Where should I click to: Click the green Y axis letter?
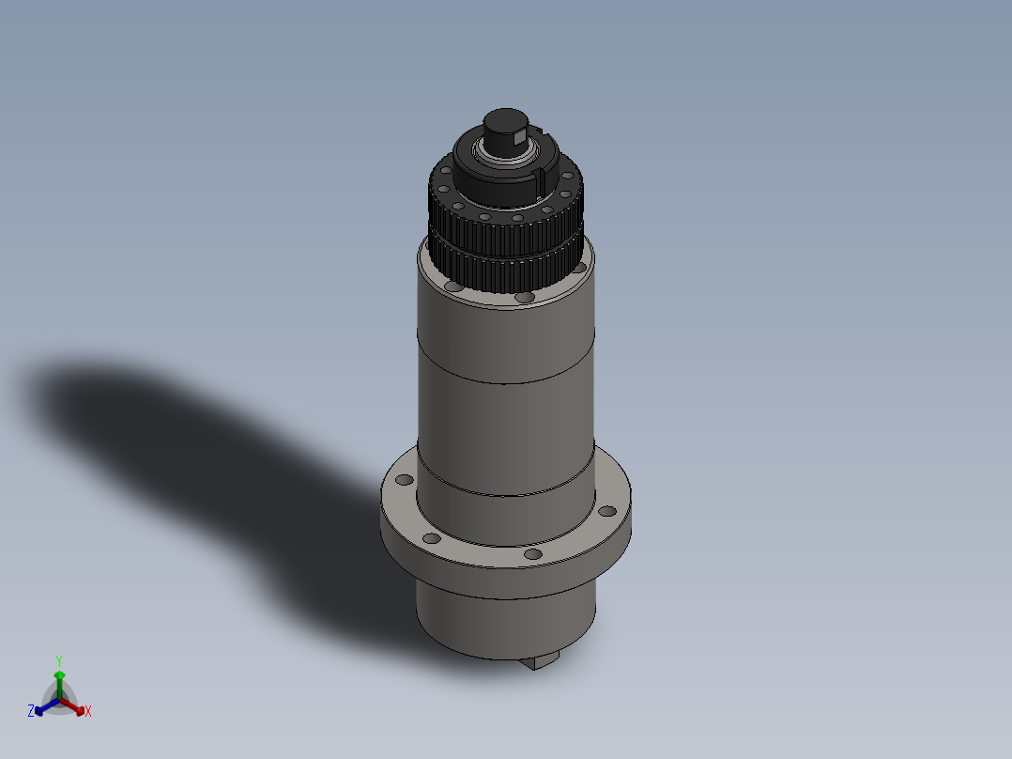[59, 660]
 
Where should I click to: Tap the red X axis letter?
[88, 712]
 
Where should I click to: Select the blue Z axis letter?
[31, 711]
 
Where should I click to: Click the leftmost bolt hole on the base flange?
[405, 480]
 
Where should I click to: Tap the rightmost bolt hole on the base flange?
[607, 512]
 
